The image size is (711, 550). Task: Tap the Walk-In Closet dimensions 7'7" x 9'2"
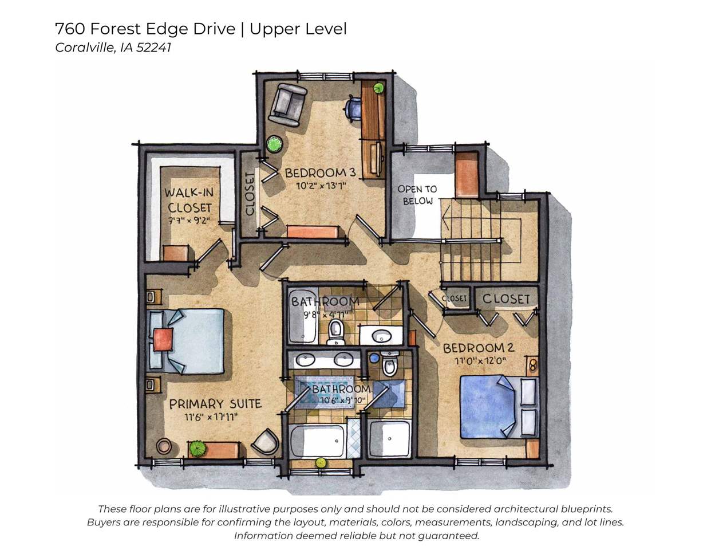click(189, 220)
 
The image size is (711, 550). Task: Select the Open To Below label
click(417, 195)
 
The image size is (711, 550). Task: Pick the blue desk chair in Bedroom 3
click(354, 107)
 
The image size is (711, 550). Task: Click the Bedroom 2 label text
click(478, 348)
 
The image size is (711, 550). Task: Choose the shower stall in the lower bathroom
click(389, 439)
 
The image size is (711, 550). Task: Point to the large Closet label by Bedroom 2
click(506, 298)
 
